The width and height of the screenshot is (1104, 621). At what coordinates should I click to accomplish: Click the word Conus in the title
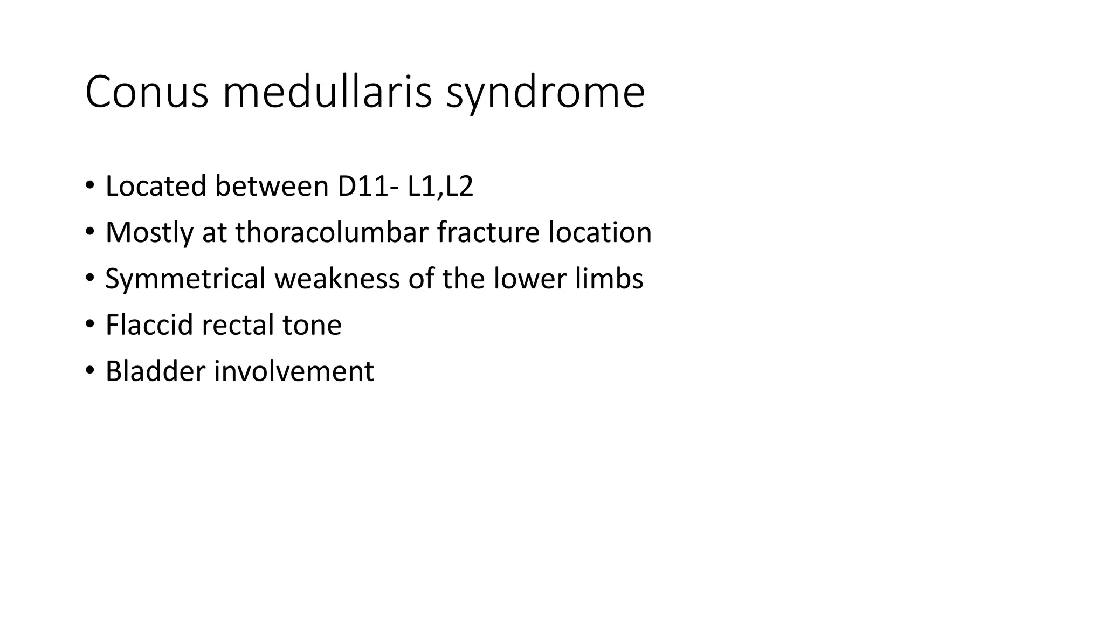146,92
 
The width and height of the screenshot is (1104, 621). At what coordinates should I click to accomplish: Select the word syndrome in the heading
545,93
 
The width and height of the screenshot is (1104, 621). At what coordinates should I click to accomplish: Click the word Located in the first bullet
156,186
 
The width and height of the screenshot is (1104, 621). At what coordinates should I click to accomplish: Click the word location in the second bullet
600,232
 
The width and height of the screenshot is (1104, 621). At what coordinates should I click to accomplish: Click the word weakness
337,279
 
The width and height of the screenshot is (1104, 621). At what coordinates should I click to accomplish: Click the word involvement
294,371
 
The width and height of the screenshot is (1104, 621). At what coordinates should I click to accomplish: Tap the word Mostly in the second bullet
149,233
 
